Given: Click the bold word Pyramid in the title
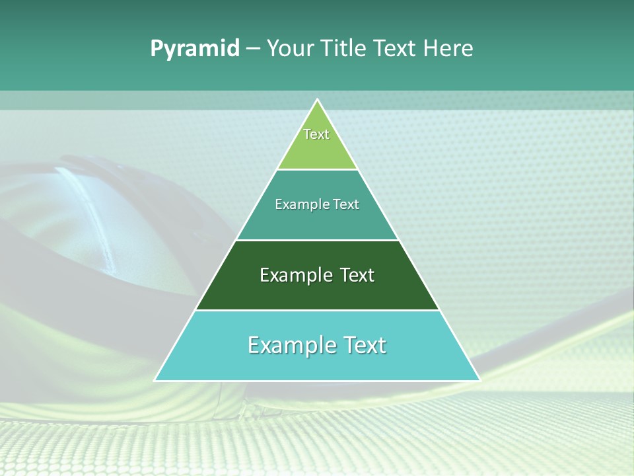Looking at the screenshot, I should (195, 49).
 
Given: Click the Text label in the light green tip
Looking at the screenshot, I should (316, 134).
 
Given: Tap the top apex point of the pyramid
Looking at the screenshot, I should (318, 99).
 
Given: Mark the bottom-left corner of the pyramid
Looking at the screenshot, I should (155, 380).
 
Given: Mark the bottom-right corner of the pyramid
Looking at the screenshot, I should (479, 380).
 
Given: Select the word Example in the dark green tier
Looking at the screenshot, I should (293, 275).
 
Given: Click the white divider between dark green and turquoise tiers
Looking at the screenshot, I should (318, 310).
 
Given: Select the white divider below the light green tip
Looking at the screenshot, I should (318, 170).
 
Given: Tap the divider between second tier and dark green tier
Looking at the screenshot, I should (318, 240).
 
